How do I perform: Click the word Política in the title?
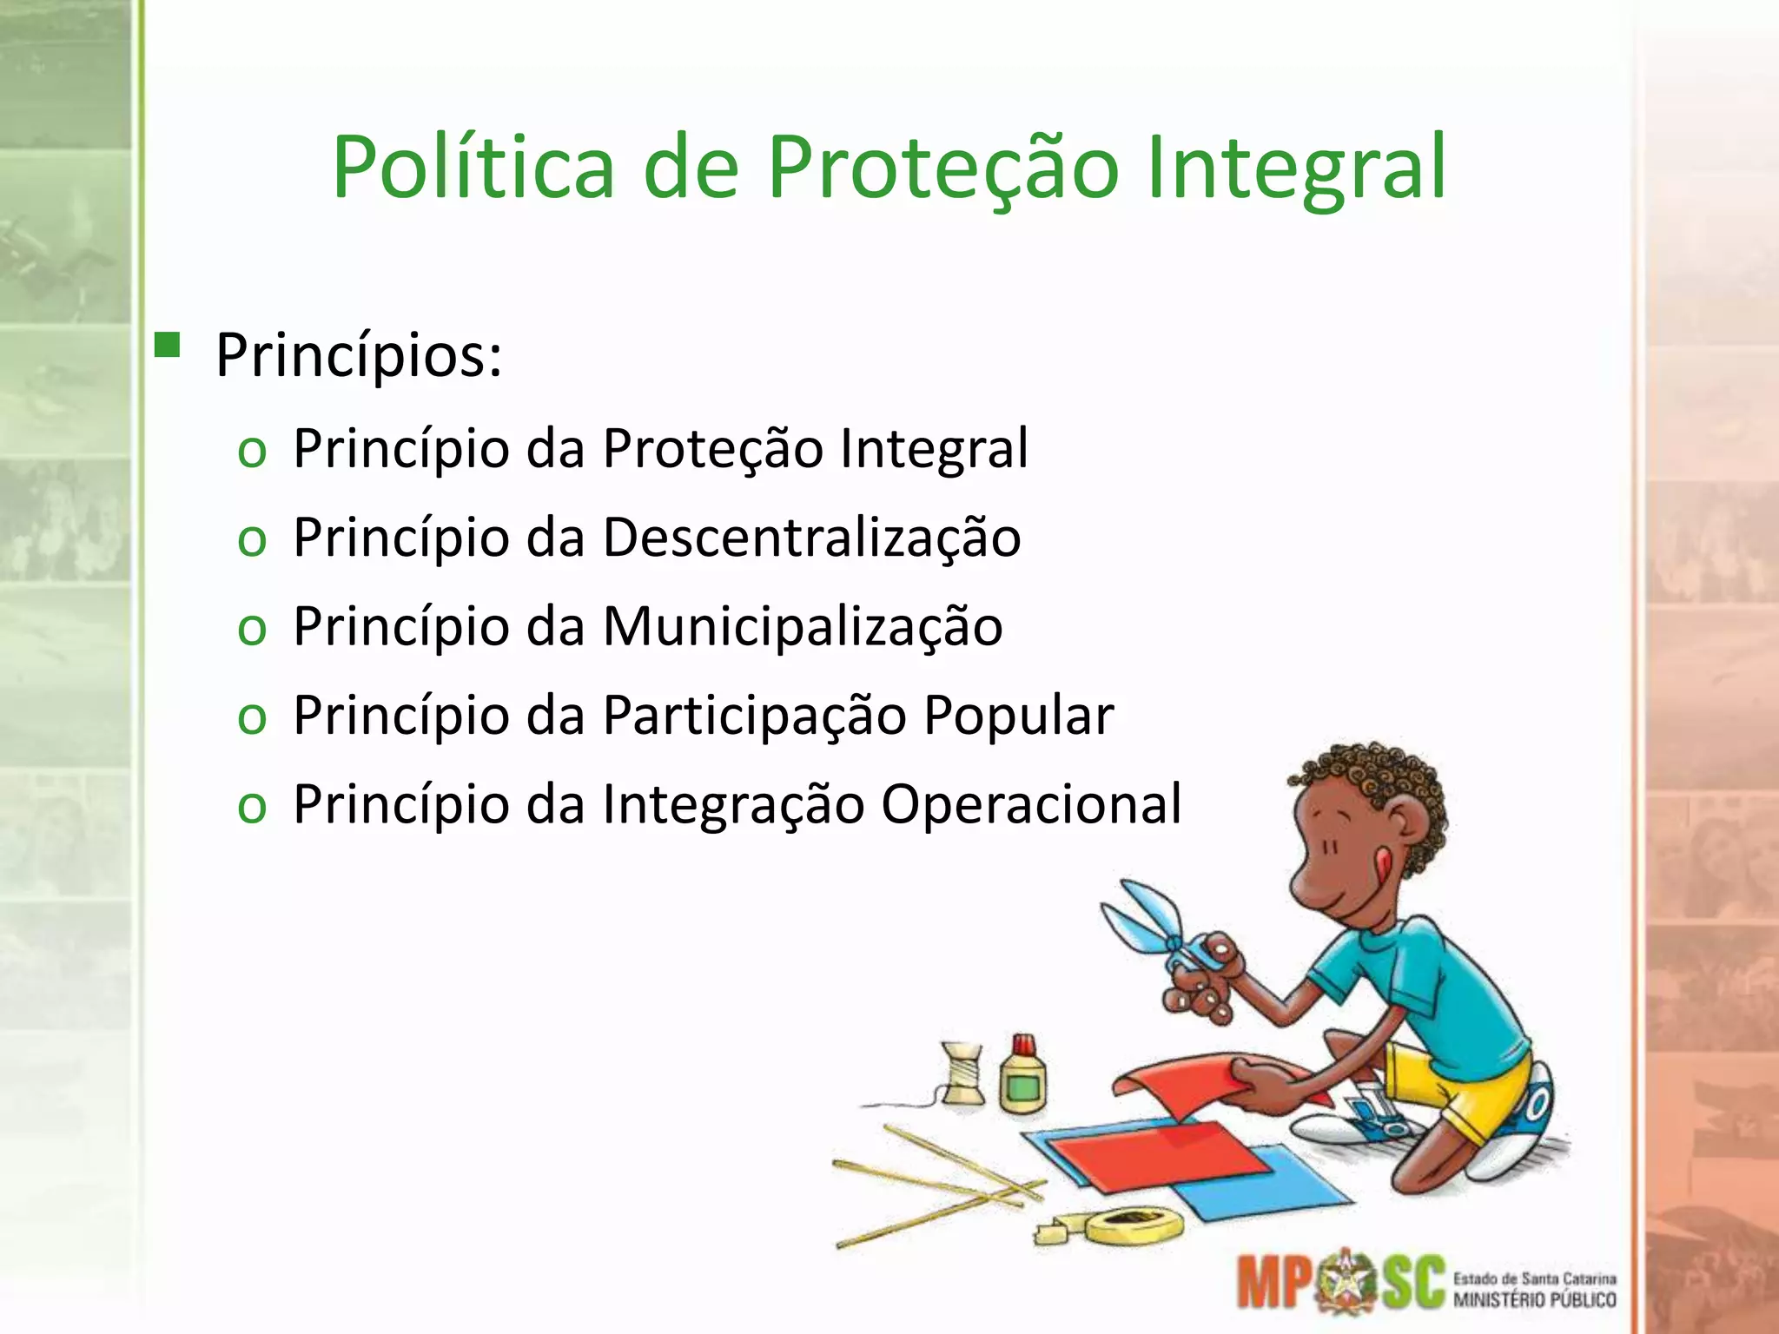pyautogui.click(x=473, y=167)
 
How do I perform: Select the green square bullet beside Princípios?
pyautogui.click(x=167, y=346)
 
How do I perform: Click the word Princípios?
pyautogui.click(x=359, y=356)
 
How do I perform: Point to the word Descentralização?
pyautogui.click(x=811, y=538)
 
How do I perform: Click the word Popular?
pyautogui.click(x=1018, y=716)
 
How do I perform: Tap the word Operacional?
pyautogui.click(x=1031, y=804)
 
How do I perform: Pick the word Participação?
pyautogui.click(x=755, y=717)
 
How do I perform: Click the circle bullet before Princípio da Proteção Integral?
pyautogui.click(x=252, y=452)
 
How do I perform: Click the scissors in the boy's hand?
pyautogui.click(x=1155, y=929)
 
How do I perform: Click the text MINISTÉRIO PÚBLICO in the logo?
pyautogui.click(x=1534, y=1300)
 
